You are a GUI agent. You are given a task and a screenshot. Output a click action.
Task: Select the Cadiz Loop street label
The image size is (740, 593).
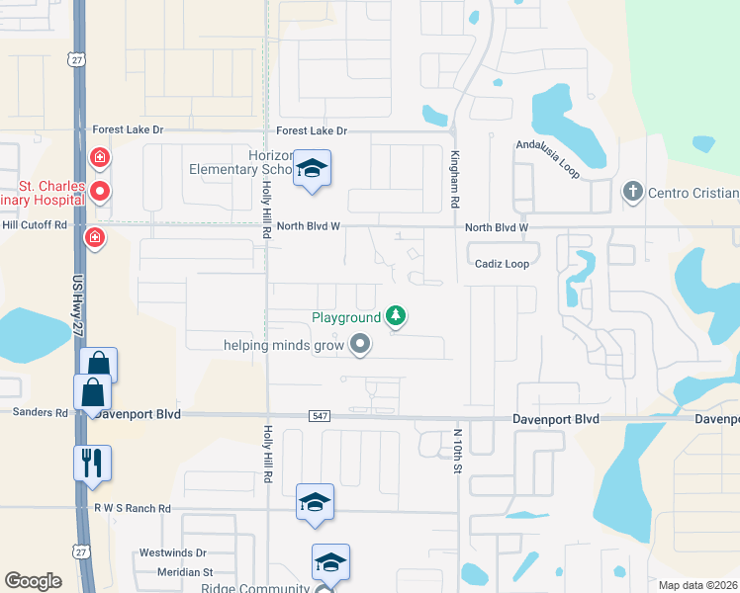tap(502, 264)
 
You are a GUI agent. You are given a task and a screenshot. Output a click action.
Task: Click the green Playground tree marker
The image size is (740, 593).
tap(396, 315)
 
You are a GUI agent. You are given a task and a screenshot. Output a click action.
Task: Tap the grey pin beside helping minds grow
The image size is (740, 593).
tap(360, 344)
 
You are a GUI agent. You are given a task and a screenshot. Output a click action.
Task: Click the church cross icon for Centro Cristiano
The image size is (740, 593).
tap(633, 192)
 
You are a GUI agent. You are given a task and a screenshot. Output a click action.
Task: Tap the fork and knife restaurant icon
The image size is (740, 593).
tap(93, 462)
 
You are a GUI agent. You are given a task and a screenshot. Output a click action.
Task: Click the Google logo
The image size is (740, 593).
tap(34, 581)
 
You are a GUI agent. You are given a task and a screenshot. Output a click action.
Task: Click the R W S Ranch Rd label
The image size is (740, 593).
tap(133, 508)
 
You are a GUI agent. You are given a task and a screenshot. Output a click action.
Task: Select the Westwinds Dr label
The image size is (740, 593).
tap(173, 553)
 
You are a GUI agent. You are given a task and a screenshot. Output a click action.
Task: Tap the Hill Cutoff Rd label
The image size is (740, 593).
tap(34, 224)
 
